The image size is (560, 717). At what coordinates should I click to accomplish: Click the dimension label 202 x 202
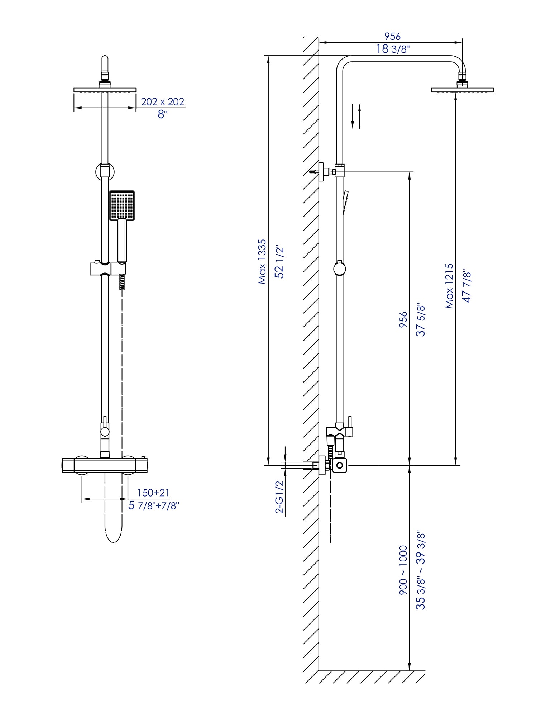[162, 102]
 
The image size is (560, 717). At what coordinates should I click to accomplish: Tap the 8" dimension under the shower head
[162, 115]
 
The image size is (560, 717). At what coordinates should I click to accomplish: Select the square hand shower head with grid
[122, 205]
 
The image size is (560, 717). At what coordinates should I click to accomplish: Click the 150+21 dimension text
[153, 493]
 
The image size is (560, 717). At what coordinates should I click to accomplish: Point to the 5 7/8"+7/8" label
[154, 506]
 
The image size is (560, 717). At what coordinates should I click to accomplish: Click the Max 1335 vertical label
[263, 262]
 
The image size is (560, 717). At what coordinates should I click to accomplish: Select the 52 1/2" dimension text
[279, 262]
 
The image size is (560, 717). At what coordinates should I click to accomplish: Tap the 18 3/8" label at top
[393, 49]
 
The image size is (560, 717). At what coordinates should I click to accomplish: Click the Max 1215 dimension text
[449, 286]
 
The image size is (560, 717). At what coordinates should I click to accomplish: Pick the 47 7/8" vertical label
[466, 286]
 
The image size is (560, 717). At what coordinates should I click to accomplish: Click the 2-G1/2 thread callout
[279, 497]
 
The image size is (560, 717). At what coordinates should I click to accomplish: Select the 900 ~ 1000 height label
[403, 570]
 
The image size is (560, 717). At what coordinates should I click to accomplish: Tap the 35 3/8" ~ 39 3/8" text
[421, 570]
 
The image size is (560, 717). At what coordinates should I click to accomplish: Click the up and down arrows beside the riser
[356, 116]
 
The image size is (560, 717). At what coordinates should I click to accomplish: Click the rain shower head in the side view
[462, 90]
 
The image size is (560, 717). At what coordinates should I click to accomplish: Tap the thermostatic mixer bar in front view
[105, 465]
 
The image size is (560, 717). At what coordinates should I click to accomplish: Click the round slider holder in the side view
[339, 269]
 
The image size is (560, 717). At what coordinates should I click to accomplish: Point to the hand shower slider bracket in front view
[107, 269]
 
